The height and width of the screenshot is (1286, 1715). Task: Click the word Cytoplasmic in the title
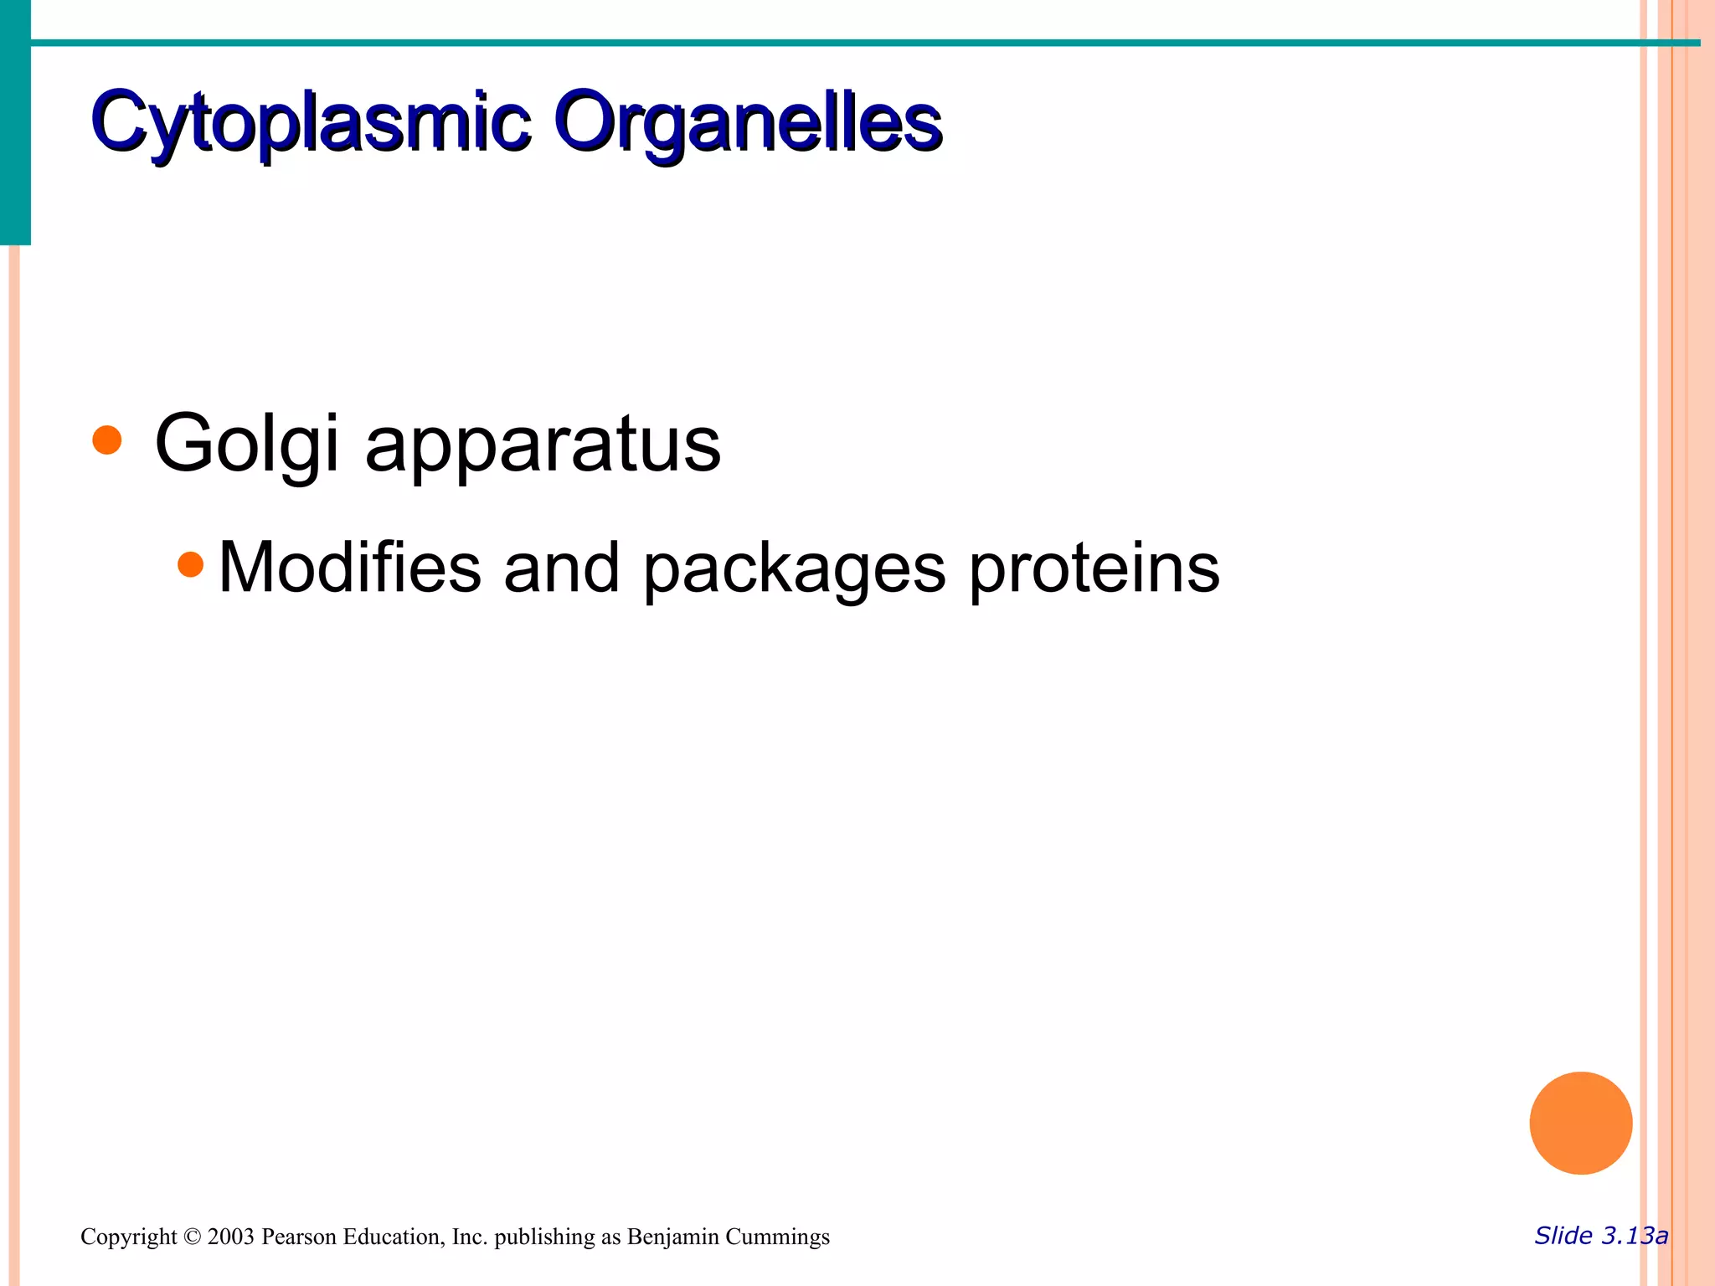click(311, 124)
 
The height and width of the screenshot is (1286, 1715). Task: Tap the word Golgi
click(246, 445)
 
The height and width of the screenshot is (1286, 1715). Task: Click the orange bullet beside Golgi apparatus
click(107, 440)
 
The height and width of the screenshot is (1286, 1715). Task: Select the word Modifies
click(349, 568)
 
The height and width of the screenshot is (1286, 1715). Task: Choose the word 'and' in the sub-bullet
click(561, 568)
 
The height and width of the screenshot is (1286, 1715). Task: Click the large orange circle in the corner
click(1580, 1123)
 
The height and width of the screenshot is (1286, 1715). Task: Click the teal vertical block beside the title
click(15, 122)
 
